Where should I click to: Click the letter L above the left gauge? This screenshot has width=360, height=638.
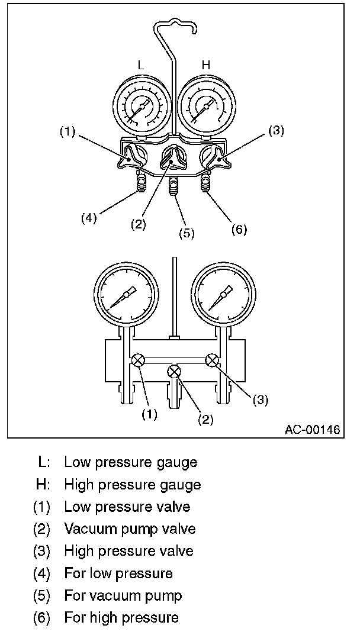coord(140,66)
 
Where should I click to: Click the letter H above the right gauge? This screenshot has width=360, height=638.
coord(205,66)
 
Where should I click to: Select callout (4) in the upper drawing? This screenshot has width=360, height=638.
coord(89,217)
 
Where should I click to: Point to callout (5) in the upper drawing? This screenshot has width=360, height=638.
coord(187,233)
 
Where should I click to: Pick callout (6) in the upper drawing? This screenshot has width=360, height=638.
coord(238,229)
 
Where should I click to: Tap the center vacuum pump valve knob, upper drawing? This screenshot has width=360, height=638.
coord(173,158)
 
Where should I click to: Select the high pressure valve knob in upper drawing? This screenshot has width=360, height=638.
coord(214,158)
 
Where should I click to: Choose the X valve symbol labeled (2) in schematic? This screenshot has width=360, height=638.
coord(174,372)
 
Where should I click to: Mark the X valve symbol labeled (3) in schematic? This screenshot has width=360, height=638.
coord(211,359)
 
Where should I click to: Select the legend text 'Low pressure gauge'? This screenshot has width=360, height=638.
coord(131,462)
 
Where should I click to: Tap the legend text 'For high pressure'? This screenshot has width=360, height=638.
coord(121,618)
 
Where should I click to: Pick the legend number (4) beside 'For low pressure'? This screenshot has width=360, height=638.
coord(42,573)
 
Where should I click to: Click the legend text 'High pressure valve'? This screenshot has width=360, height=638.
coord(128,551)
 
